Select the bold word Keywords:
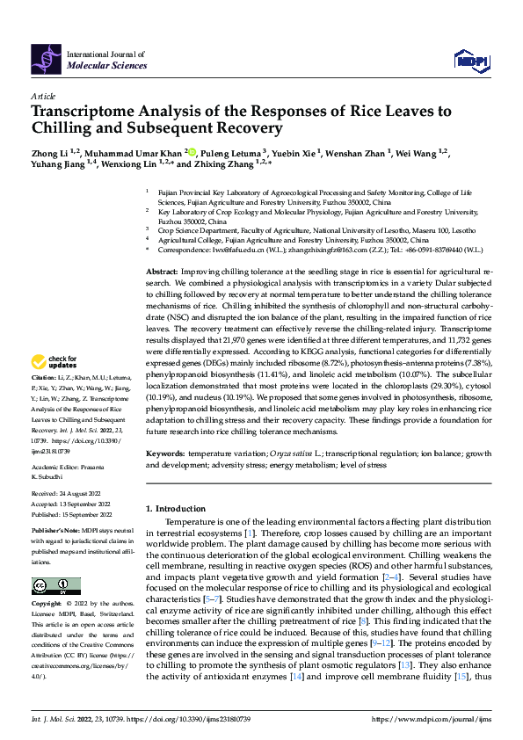point(164,453)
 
